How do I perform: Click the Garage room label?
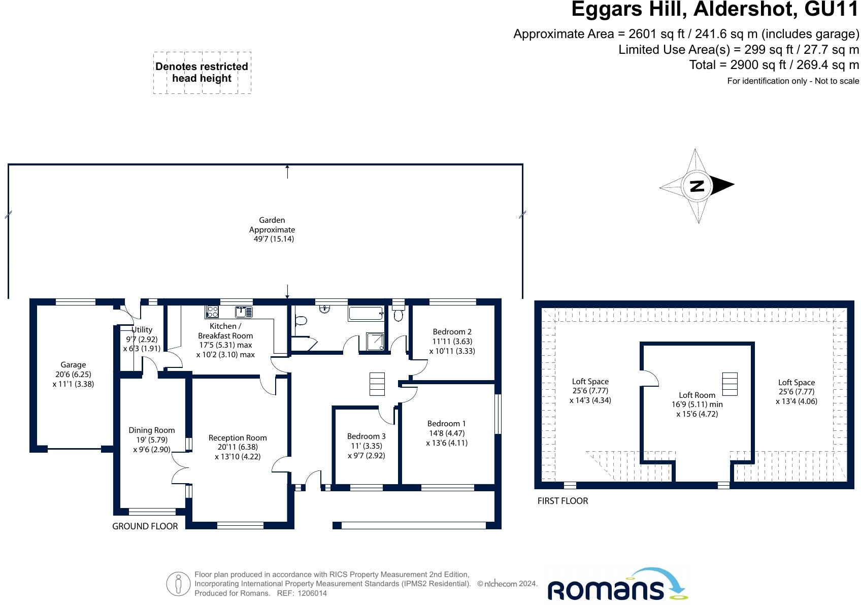(73, 374)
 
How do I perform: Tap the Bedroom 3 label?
(366, 446)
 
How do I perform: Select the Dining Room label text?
(151, 439)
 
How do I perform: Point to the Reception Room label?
(238, 447)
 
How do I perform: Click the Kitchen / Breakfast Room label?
(225, 340)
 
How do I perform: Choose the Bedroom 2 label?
(452, 341)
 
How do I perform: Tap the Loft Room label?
(697, 404)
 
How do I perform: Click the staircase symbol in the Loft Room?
(729, 384)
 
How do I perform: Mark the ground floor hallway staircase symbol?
(377, 384)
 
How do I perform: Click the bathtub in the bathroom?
(366, 313)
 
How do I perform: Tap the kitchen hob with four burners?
(212, 312)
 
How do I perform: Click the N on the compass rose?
(698, 186)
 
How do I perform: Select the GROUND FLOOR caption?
(145, 526)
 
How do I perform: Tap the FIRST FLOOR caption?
(562, 501)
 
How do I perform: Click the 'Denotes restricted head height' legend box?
(202, 73)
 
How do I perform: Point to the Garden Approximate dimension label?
(273, 229)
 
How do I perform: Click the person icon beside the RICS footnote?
(178, 585)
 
